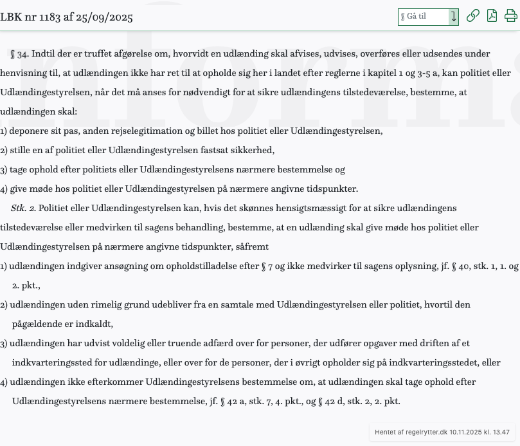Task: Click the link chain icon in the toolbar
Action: tap(472, 16)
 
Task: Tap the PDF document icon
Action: tap(492, 16)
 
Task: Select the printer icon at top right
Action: tap(511, 16)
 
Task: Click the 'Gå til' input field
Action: tap(423, 17)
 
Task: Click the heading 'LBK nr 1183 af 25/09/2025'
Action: tap(66, 17)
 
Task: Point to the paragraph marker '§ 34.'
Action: tap(20, 54)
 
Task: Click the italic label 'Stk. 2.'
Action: tap(23, 209)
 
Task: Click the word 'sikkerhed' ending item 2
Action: tap(254, 151)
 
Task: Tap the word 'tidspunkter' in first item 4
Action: tap(333, 189)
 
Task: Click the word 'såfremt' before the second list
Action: tap(253, 247)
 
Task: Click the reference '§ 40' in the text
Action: tap(461, 266)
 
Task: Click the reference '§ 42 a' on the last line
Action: tap(232, 402)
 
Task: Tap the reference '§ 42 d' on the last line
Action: tap(330, 402)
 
